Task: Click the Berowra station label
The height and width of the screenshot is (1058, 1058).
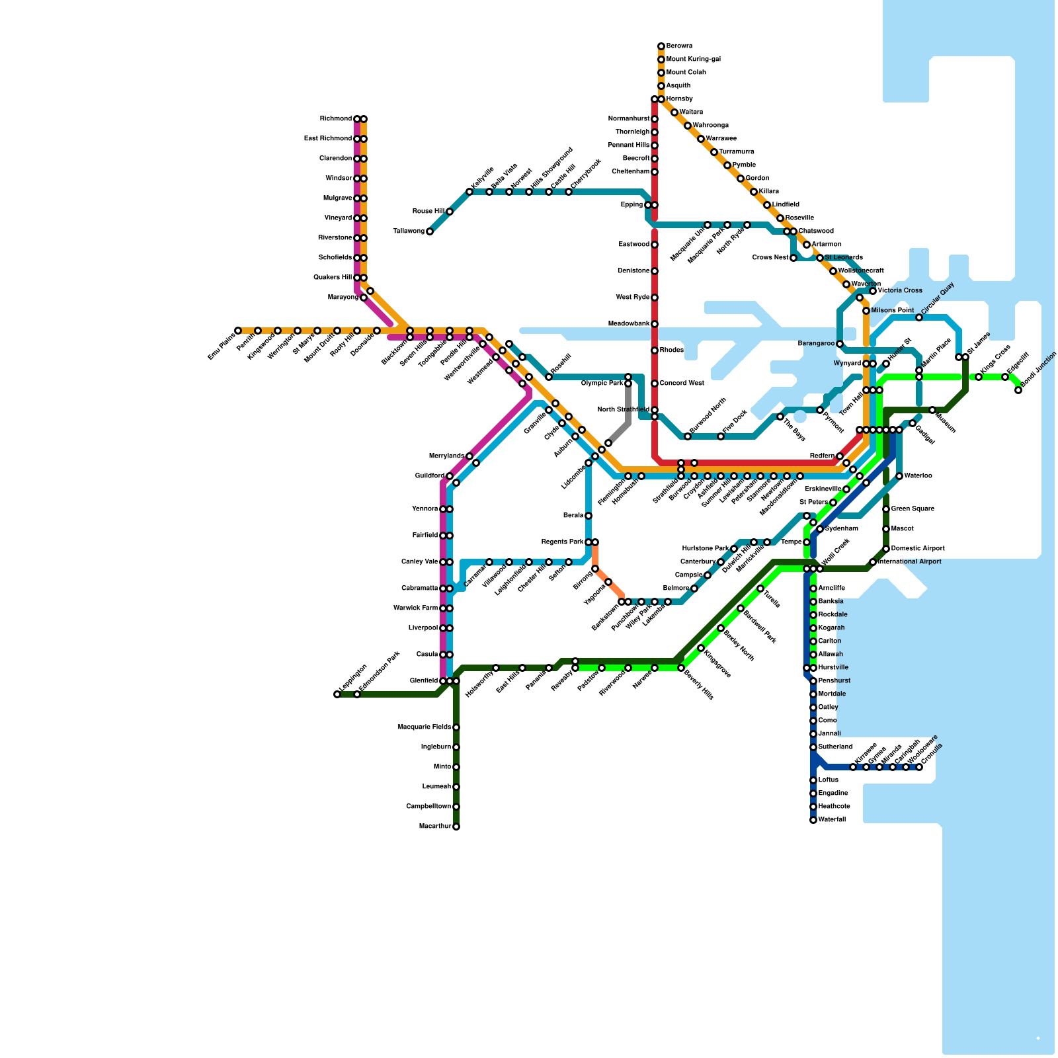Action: click(x=679, y=46)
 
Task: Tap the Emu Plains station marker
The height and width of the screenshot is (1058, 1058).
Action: click(x=238, y=331)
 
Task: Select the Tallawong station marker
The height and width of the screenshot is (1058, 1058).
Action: click(x=430, y=231)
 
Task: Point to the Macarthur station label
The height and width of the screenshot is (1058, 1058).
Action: click(x=435, y=827)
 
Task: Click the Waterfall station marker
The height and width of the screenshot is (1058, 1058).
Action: click(x=813, y=820)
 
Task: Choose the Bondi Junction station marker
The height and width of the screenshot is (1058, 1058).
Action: click(x=1018, y=390)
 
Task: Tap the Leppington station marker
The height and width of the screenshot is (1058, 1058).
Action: click(x=337, y=694)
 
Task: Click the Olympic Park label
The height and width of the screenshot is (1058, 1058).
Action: click(x=602, y=384)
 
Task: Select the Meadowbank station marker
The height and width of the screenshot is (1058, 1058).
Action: click(x=655, y=324)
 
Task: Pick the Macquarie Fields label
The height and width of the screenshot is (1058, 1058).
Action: click(x=425, y=727)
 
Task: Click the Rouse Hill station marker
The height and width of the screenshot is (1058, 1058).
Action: click(x=450, y=212)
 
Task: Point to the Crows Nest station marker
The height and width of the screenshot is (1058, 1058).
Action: click(x=793, y=258)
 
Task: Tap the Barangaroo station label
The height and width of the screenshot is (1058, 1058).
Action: click(x=816, y=344)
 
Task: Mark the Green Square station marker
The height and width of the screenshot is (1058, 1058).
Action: click(x=886, y=509)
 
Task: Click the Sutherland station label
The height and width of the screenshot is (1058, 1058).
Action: click(x=835, y=747)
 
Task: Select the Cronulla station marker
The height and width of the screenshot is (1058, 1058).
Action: click(x=919, y=767)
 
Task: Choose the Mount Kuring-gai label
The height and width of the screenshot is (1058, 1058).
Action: click(x=693, y=60)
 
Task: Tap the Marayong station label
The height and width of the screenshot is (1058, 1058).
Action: click(x=343, y=298)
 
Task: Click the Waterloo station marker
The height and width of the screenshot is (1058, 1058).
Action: click(x=899, y=476)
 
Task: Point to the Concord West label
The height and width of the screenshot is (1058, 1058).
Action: click(x=682, y=384)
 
